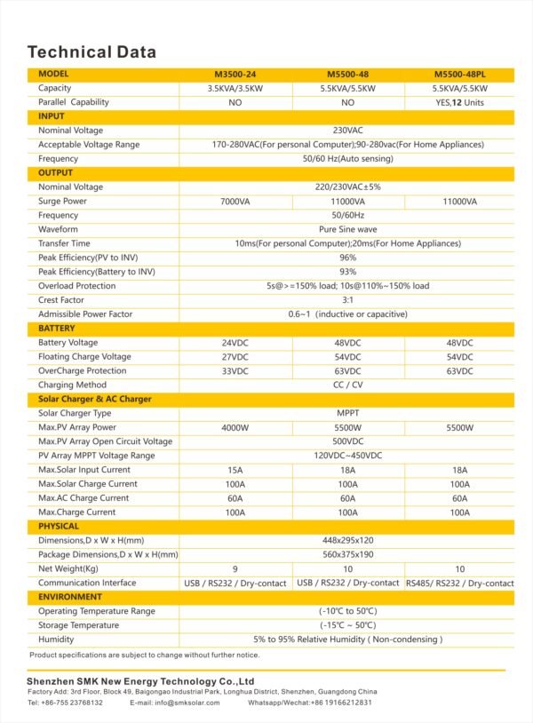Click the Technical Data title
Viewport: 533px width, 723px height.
(91, 51)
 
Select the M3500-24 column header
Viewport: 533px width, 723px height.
(235, 75)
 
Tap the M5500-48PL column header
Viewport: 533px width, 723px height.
(459, 75)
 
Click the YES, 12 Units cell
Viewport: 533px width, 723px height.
(459, 102)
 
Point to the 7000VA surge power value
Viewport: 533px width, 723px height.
(235, 202)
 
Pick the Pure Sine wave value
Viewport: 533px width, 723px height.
(347, 229)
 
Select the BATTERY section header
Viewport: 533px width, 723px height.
(57, 329)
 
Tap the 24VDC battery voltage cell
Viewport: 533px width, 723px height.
(235, 343)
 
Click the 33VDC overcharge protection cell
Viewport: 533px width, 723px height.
(235, 371)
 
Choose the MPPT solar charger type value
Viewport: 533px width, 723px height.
(347, 414)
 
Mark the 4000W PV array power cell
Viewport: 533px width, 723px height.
(235, 428)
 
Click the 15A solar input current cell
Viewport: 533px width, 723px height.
(235, 470)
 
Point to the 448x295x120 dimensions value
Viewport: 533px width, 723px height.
(347, 540)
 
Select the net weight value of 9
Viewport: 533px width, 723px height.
(235, 568)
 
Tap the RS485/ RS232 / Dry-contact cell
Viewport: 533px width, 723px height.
(459, 584)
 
